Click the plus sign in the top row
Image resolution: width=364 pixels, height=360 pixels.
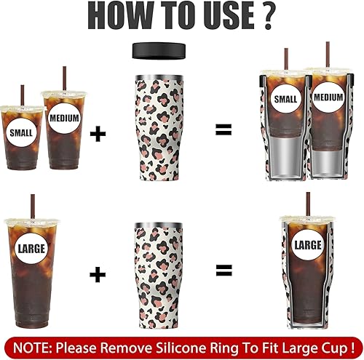coord(96,132)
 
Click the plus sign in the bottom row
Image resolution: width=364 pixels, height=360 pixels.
coord(96,273)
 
